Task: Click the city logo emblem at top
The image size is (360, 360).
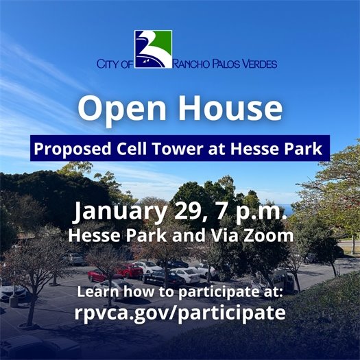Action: click(x=153, y=49)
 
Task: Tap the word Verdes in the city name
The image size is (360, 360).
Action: click(x=256, y=64)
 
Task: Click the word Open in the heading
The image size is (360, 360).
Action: click(x=121, y=108)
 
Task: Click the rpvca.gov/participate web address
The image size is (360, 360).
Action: click(x=180, y=312)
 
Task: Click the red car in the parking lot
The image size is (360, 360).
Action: click(x=100, y=275)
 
